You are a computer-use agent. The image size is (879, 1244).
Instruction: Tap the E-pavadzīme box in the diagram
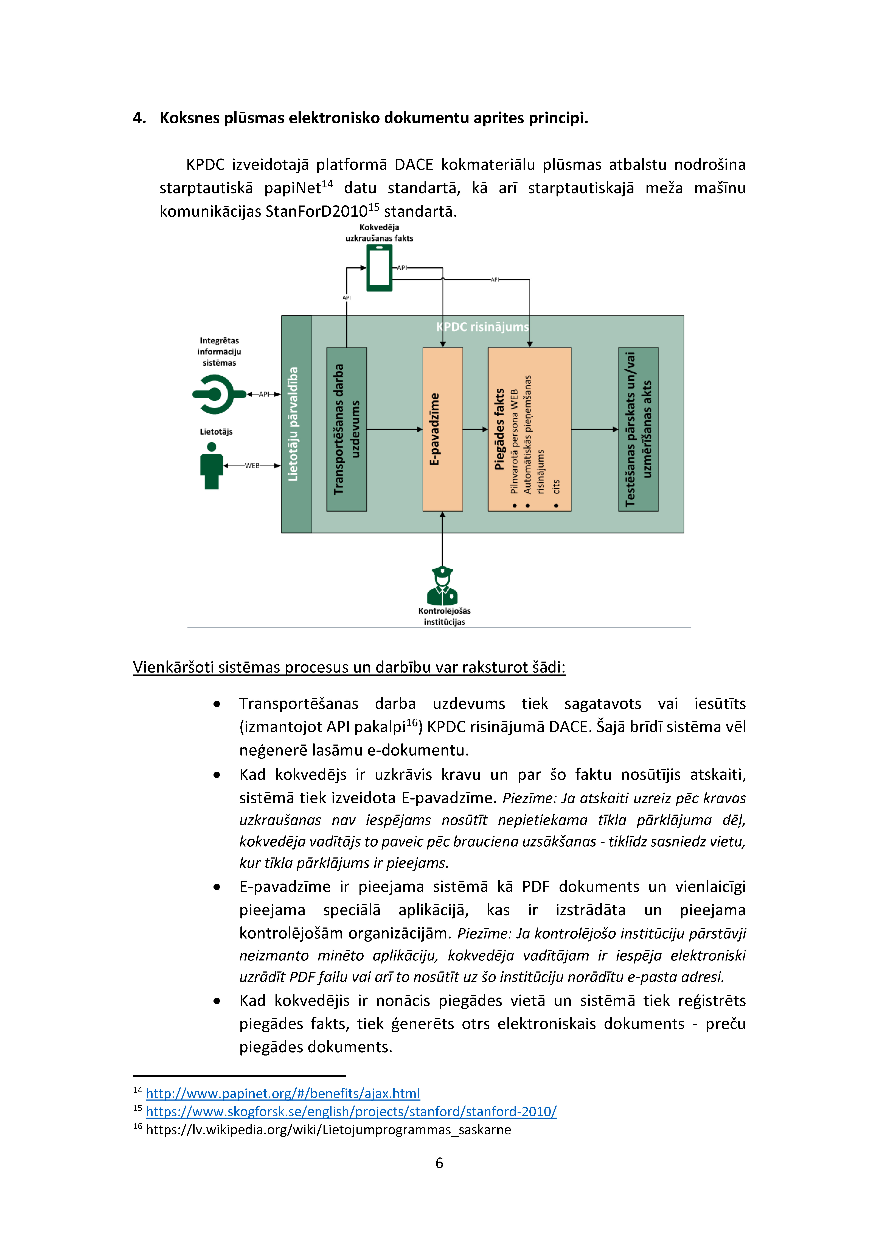tap(442, 429)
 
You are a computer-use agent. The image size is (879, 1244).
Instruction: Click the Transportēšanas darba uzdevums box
tap(347, 429)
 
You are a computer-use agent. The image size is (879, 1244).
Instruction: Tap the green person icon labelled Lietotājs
tap(211, 466)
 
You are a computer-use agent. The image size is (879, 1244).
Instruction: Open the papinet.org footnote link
tap(283, 1093)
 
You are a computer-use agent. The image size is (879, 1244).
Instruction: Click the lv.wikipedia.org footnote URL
tap(328, 1130)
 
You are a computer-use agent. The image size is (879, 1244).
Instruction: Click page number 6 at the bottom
tap(439, 1163)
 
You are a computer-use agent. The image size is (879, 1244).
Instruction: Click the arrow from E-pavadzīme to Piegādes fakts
tap(476, 429)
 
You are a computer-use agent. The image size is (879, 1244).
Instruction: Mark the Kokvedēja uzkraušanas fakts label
tap(379, 232)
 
